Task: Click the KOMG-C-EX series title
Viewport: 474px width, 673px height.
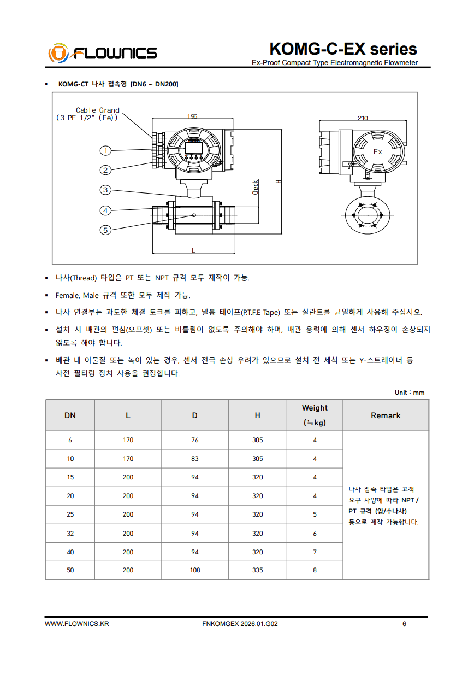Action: pyautogui.click(x=343, y=49)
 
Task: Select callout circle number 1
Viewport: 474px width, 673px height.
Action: pyautogui.click(x=105, y=150)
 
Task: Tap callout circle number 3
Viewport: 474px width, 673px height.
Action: pyautogui.click(x=105, y=190)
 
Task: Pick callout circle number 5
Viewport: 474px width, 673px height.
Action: pyautogui.click(x=105, y=230)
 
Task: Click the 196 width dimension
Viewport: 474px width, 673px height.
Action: pyautogui.click(x=192, y=116)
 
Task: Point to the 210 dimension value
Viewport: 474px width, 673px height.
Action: pyautogui.click(x=363, y=118)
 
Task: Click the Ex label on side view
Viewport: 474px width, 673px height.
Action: pyautogui.click(x=377, y=152)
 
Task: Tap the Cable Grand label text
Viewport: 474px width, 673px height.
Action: pyautogui.click(x=97, y=110)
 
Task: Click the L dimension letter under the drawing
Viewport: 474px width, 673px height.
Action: pyautogui.click(x=193, y=250)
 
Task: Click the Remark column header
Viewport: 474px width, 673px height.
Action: pyautogui.click(x=386, y=415)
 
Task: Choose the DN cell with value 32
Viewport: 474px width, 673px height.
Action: pyautogui.click(x=70, y=534)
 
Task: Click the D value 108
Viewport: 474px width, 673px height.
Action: pyautogui.click(x=195, y=570)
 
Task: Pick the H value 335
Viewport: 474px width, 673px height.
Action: pyautogui.click(x=258, y=570)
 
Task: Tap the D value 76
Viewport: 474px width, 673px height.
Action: pyautogui.click(x=195, y=440)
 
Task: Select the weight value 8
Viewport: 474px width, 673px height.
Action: pyautogui.click(x=315, y=570)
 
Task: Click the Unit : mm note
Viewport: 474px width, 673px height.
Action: pyautogui.click(x=410, y=393)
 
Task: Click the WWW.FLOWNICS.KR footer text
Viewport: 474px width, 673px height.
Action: pyautogui.click(x=76, y=624)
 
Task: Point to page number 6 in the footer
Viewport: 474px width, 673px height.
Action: pyautogui.click(x=404, y=624)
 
